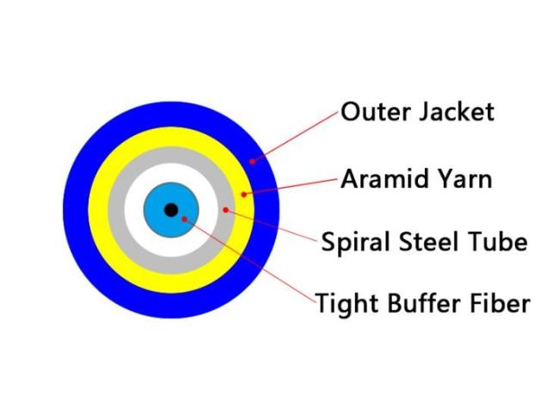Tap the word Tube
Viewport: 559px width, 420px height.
492,242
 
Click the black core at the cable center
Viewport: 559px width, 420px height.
171,209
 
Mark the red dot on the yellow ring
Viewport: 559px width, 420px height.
243,195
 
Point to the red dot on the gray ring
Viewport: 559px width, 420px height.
225,209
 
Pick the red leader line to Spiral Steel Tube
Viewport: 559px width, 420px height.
271,225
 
